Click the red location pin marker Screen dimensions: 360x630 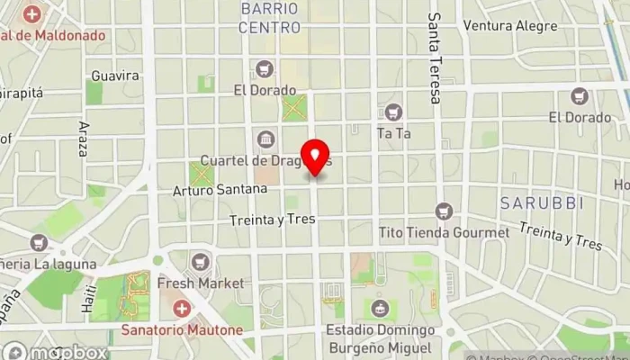[x=316, y=158]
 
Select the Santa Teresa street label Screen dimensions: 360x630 [x=435, y=58]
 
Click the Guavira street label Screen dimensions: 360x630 [x=115, y=76]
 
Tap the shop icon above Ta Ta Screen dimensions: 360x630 [x=392, y=112]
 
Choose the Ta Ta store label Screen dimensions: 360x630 [x=393, y=133]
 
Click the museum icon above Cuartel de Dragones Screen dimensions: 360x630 [x=265, y=139]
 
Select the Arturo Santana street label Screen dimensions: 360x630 [x=221, y=190]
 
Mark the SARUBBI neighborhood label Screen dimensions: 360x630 [x=543, y=203]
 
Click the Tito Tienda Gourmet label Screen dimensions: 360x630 [x=445, y=232]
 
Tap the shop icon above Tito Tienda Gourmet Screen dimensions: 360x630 [x=443, y=211]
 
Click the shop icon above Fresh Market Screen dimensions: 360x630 [x=200, y=262]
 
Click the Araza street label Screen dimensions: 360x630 [x=84, y=139]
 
